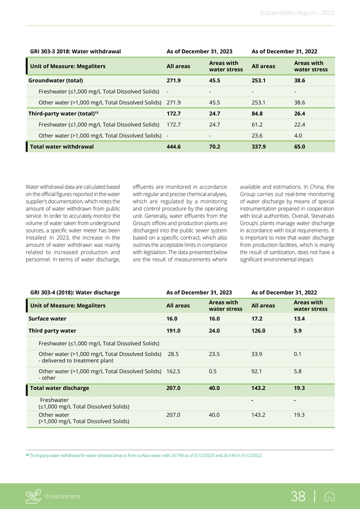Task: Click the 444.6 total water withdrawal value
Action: point(174,147)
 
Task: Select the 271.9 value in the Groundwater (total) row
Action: point(174,80)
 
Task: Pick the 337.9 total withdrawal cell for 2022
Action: point(259,147)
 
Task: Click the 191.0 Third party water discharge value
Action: point(174,331)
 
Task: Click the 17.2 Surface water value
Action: point(258,318)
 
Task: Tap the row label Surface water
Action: point(47,318)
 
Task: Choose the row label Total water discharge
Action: point(60,388)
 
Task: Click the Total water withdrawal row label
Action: point(62,147)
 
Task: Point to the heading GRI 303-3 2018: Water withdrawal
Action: point(75,51)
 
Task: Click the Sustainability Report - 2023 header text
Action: point(296,13)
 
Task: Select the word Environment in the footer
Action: point(64,496)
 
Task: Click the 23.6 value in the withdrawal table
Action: point(258,135)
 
